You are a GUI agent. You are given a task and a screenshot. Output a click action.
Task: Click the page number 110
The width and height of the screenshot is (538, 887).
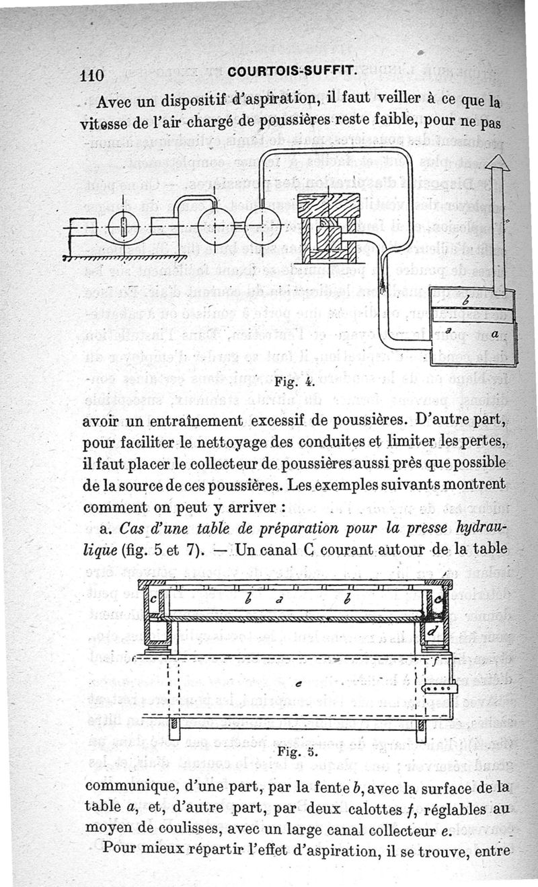(x=91, y=75)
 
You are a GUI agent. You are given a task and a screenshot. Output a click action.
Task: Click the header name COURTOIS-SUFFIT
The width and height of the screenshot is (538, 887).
(x=293, y=71)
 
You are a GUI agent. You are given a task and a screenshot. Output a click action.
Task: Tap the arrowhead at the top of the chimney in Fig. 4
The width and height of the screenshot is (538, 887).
(x=498, y=162)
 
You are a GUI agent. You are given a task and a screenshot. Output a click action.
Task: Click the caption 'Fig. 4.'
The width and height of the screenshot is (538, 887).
(x=295, y=382)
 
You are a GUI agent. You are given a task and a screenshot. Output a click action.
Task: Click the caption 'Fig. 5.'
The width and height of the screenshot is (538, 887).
(x=297, y=751)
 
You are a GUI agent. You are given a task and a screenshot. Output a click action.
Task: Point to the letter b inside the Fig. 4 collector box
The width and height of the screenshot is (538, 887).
(x=467, y=301)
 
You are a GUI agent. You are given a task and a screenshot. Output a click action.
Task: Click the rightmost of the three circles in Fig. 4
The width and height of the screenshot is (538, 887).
(x=263, y=225)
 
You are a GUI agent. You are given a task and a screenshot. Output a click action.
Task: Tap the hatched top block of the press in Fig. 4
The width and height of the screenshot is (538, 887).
(x=328, y=206)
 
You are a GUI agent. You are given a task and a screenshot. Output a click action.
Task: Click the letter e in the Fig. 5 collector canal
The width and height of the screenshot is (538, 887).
(x=299, y=683)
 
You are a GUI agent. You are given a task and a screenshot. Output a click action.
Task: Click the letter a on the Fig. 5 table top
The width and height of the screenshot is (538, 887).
(x=279, y=600)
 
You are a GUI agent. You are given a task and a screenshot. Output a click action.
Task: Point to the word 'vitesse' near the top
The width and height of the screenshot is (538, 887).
(x=104, y=124)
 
